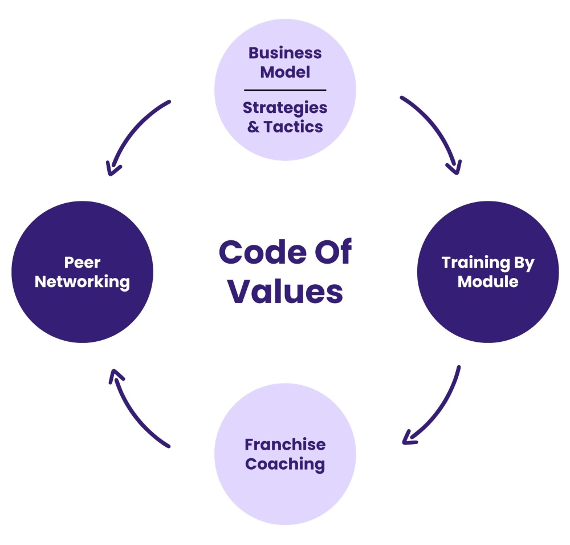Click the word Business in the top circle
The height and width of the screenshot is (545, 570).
[x=285, y=54]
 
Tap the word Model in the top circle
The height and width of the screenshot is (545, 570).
[x=285, y=72]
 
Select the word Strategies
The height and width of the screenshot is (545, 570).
[x=285, y=108]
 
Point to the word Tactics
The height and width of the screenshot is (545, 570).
[x=294, y=126]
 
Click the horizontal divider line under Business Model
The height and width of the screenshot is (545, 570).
[x=285, y=90]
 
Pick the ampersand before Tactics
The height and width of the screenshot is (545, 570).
[x=253, y=126]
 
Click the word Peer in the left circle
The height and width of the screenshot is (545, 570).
[x=83, y=263]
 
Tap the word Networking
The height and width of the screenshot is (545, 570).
[x=83, y=282]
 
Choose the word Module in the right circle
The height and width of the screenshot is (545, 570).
[x=488, y=282]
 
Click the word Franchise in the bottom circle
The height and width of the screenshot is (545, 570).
[x=285, y=445]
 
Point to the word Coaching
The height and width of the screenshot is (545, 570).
[x=285, y=463]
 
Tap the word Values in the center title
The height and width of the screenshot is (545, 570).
[x=285, y=291]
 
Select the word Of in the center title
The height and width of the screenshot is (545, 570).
[x=331, y=253]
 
